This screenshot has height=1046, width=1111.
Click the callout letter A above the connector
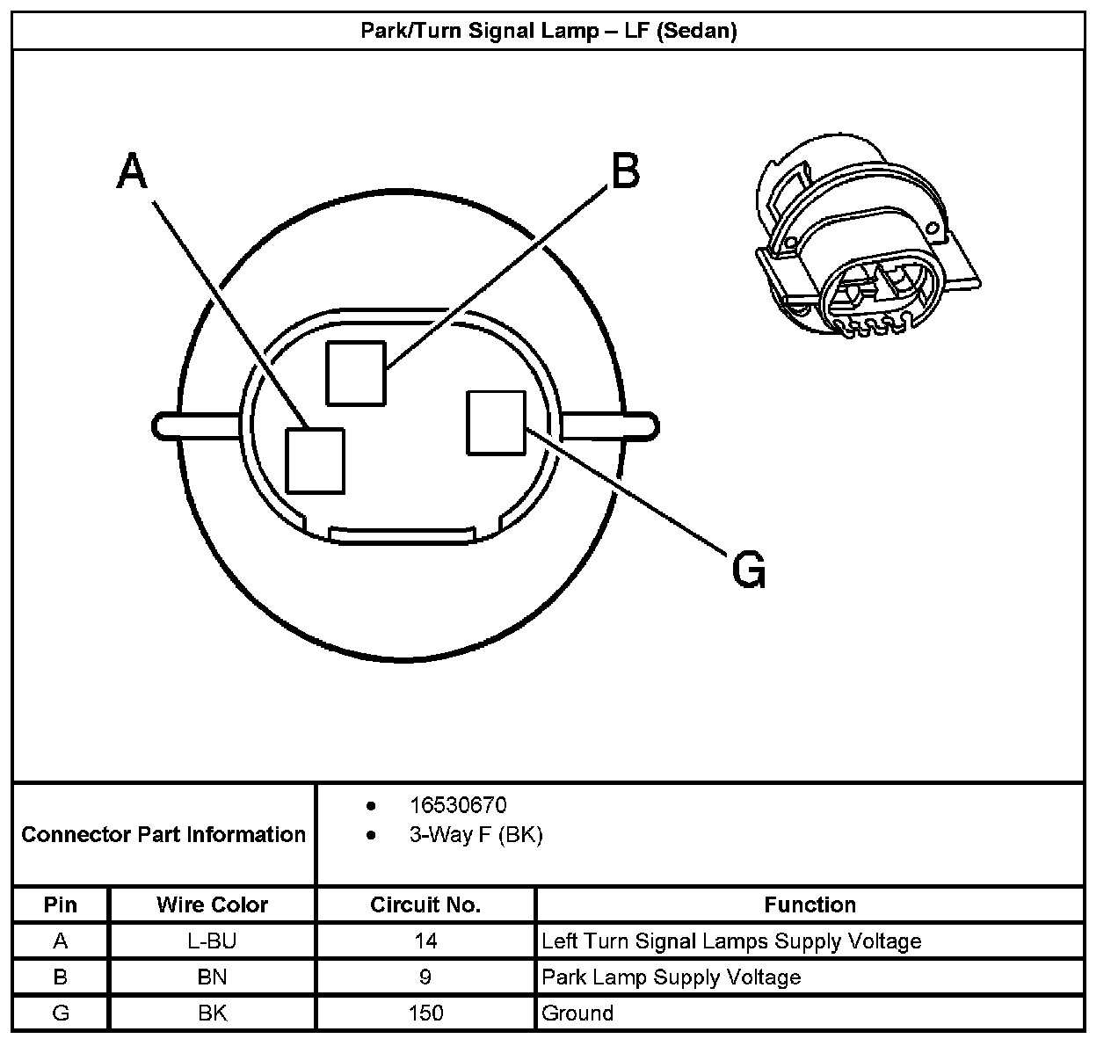click(x=132, y=171)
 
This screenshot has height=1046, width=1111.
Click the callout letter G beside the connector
click(x=749, y=570)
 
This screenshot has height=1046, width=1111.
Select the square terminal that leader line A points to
click(x=315, y=460)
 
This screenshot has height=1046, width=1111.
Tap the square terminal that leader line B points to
click(x=355, y=373)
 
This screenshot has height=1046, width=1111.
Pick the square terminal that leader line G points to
click(x=496, y=423)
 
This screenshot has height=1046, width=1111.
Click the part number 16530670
click(x=458, y=805)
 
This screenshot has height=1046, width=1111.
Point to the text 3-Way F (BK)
click(x=476, y=835)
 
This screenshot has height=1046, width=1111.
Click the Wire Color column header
click(x=212, y=904)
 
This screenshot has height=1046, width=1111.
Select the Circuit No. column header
click(x=425, y=904)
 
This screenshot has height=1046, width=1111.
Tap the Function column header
click(x=810, y=904)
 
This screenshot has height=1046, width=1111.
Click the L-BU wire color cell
click(x=212, y=941)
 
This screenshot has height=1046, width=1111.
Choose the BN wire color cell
click(x=212, y=977)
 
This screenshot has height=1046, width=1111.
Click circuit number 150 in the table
click(x=425, y=1013)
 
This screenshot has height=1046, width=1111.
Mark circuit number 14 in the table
click(x=425, y=941)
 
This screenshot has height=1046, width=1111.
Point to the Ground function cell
click(x=577, y=1013)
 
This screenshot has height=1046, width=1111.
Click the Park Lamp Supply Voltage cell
click(x=671, y=977)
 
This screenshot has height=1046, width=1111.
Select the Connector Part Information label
click(x=163, y=834)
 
